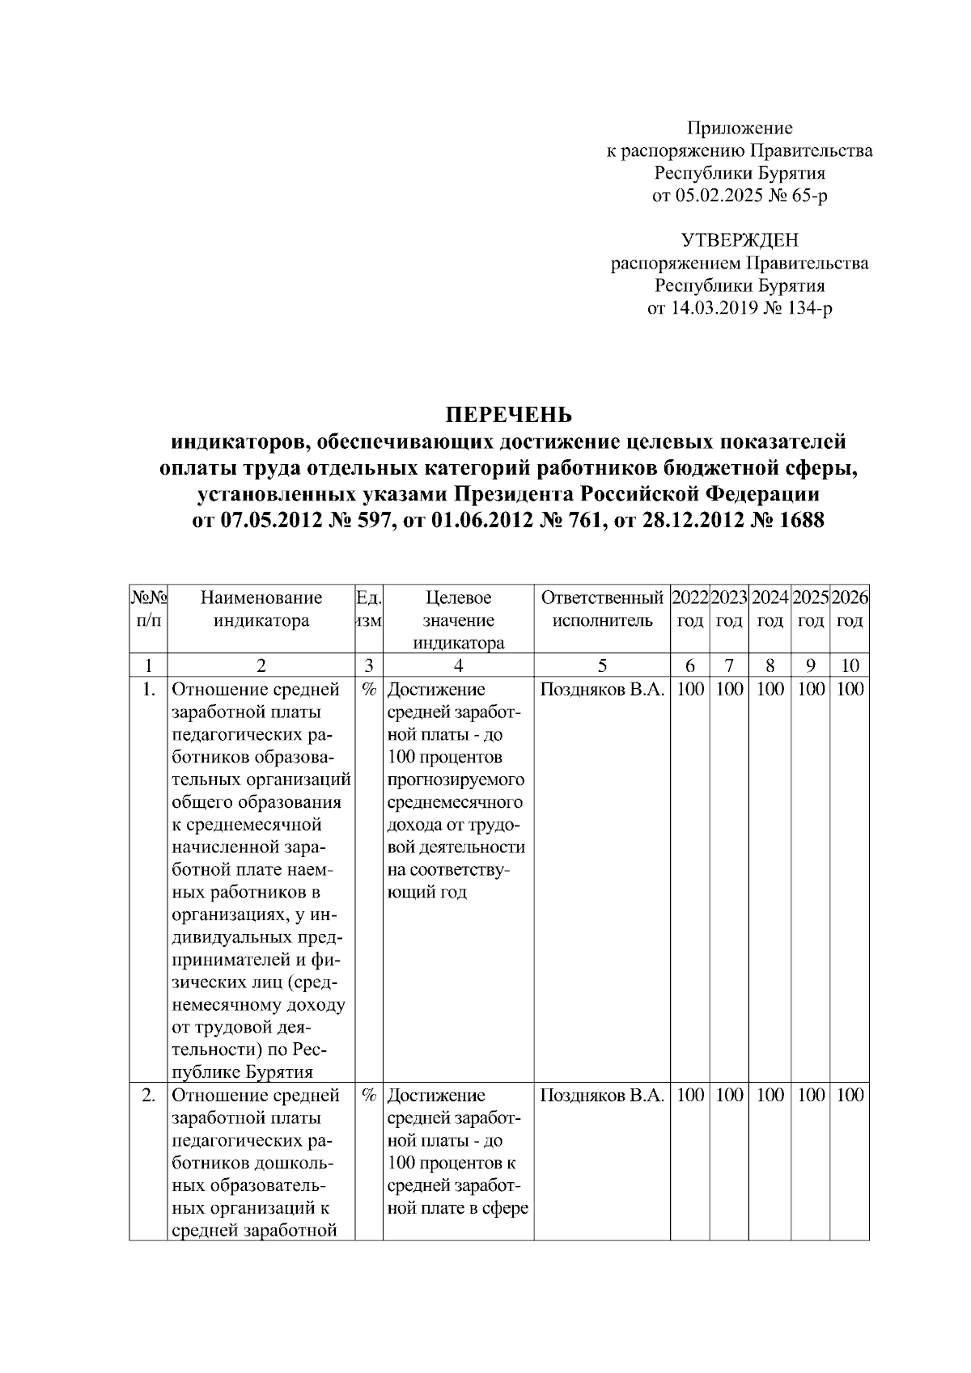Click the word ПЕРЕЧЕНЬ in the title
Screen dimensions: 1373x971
pyautogui.click(x=509, y=416)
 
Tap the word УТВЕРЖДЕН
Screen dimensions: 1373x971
pyautogui.click(x=740, y=240)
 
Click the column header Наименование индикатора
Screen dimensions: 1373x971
pyautogui.click(x=261, y=609)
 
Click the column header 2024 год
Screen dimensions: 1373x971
pyautogui.click(x=770, y=609)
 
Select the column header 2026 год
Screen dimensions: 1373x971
pyautogui.click(x=850, y=609)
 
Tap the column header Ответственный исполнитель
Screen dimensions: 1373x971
pyautogui.click(x=601, y=609)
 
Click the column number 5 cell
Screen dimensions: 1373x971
pyautogui.click(x=601, y=665)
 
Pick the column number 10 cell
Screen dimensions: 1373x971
pyautogui.click(x=850, y=665)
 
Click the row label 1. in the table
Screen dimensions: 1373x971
pyautogui.click(x=148, y=690)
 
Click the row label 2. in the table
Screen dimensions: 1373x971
pyautogui.click(x=148, y=1096)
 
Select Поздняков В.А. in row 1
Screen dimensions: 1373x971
pyautogui.click(x=601, y=690)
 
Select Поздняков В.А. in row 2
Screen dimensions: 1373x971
pyautogui.click(x=601, y=1096)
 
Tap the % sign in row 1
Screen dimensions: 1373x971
pyautogui.click(x=369, y=690)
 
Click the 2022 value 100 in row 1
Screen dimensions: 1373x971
pyautogui.click(x=689, y=690)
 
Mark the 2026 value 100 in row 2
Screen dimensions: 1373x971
pyautogui.click(x=850, y=1096)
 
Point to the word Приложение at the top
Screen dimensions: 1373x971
pyautogui.click(x=740, y=128)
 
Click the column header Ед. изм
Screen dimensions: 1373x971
pyautogui.click(x=369, y=609)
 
